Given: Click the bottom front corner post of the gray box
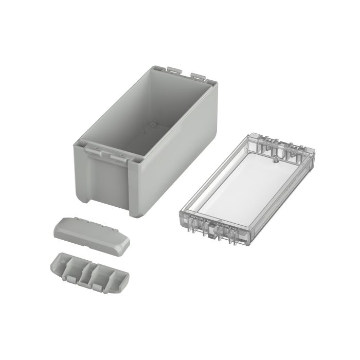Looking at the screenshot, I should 135,206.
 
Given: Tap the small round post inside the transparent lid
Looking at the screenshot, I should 276,160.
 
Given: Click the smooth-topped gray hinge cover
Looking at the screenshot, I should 90,234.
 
